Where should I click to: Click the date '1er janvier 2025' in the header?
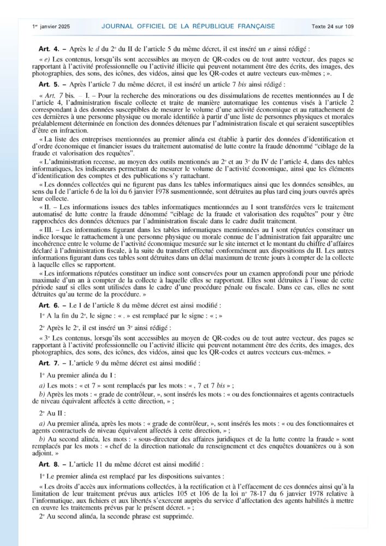click(x=51, y=26)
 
